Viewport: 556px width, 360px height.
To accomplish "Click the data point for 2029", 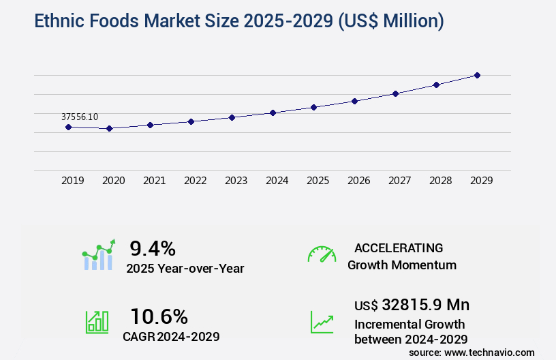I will [x=477, y=75].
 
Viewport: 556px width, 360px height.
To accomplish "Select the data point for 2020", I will [x=109, y=128].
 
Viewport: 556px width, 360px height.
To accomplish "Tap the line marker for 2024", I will [x=273, y=112].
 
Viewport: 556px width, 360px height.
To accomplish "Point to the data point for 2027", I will [x=395, y=93].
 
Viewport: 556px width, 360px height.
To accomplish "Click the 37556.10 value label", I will [x=80, y=117].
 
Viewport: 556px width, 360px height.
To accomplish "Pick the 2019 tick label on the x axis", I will [x=73, y=181].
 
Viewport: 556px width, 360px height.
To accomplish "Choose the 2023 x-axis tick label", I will [x=236, y=181].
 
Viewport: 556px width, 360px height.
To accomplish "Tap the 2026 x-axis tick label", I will [x=359, y=181].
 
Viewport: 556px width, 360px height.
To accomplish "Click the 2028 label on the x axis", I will [x=441, y=181].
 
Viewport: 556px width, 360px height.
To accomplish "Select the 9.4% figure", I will [x=153, y=247].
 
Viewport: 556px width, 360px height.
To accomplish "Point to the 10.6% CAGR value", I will [x=159, y=316].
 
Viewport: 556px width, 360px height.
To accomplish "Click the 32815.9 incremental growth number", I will [x=416, y=304].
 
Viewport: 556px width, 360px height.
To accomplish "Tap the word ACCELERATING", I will [x=399, y=247].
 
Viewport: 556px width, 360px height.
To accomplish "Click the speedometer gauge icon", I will [x=322, y=254].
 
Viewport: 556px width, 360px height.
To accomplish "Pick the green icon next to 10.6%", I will [x=97, y=322].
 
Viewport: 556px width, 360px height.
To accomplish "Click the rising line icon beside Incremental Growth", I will [x=322, y=322].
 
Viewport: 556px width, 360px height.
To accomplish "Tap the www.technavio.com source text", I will [x=489, y=352].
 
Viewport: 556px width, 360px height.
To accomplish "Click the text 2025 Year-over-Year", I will [x=185, y=268].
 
